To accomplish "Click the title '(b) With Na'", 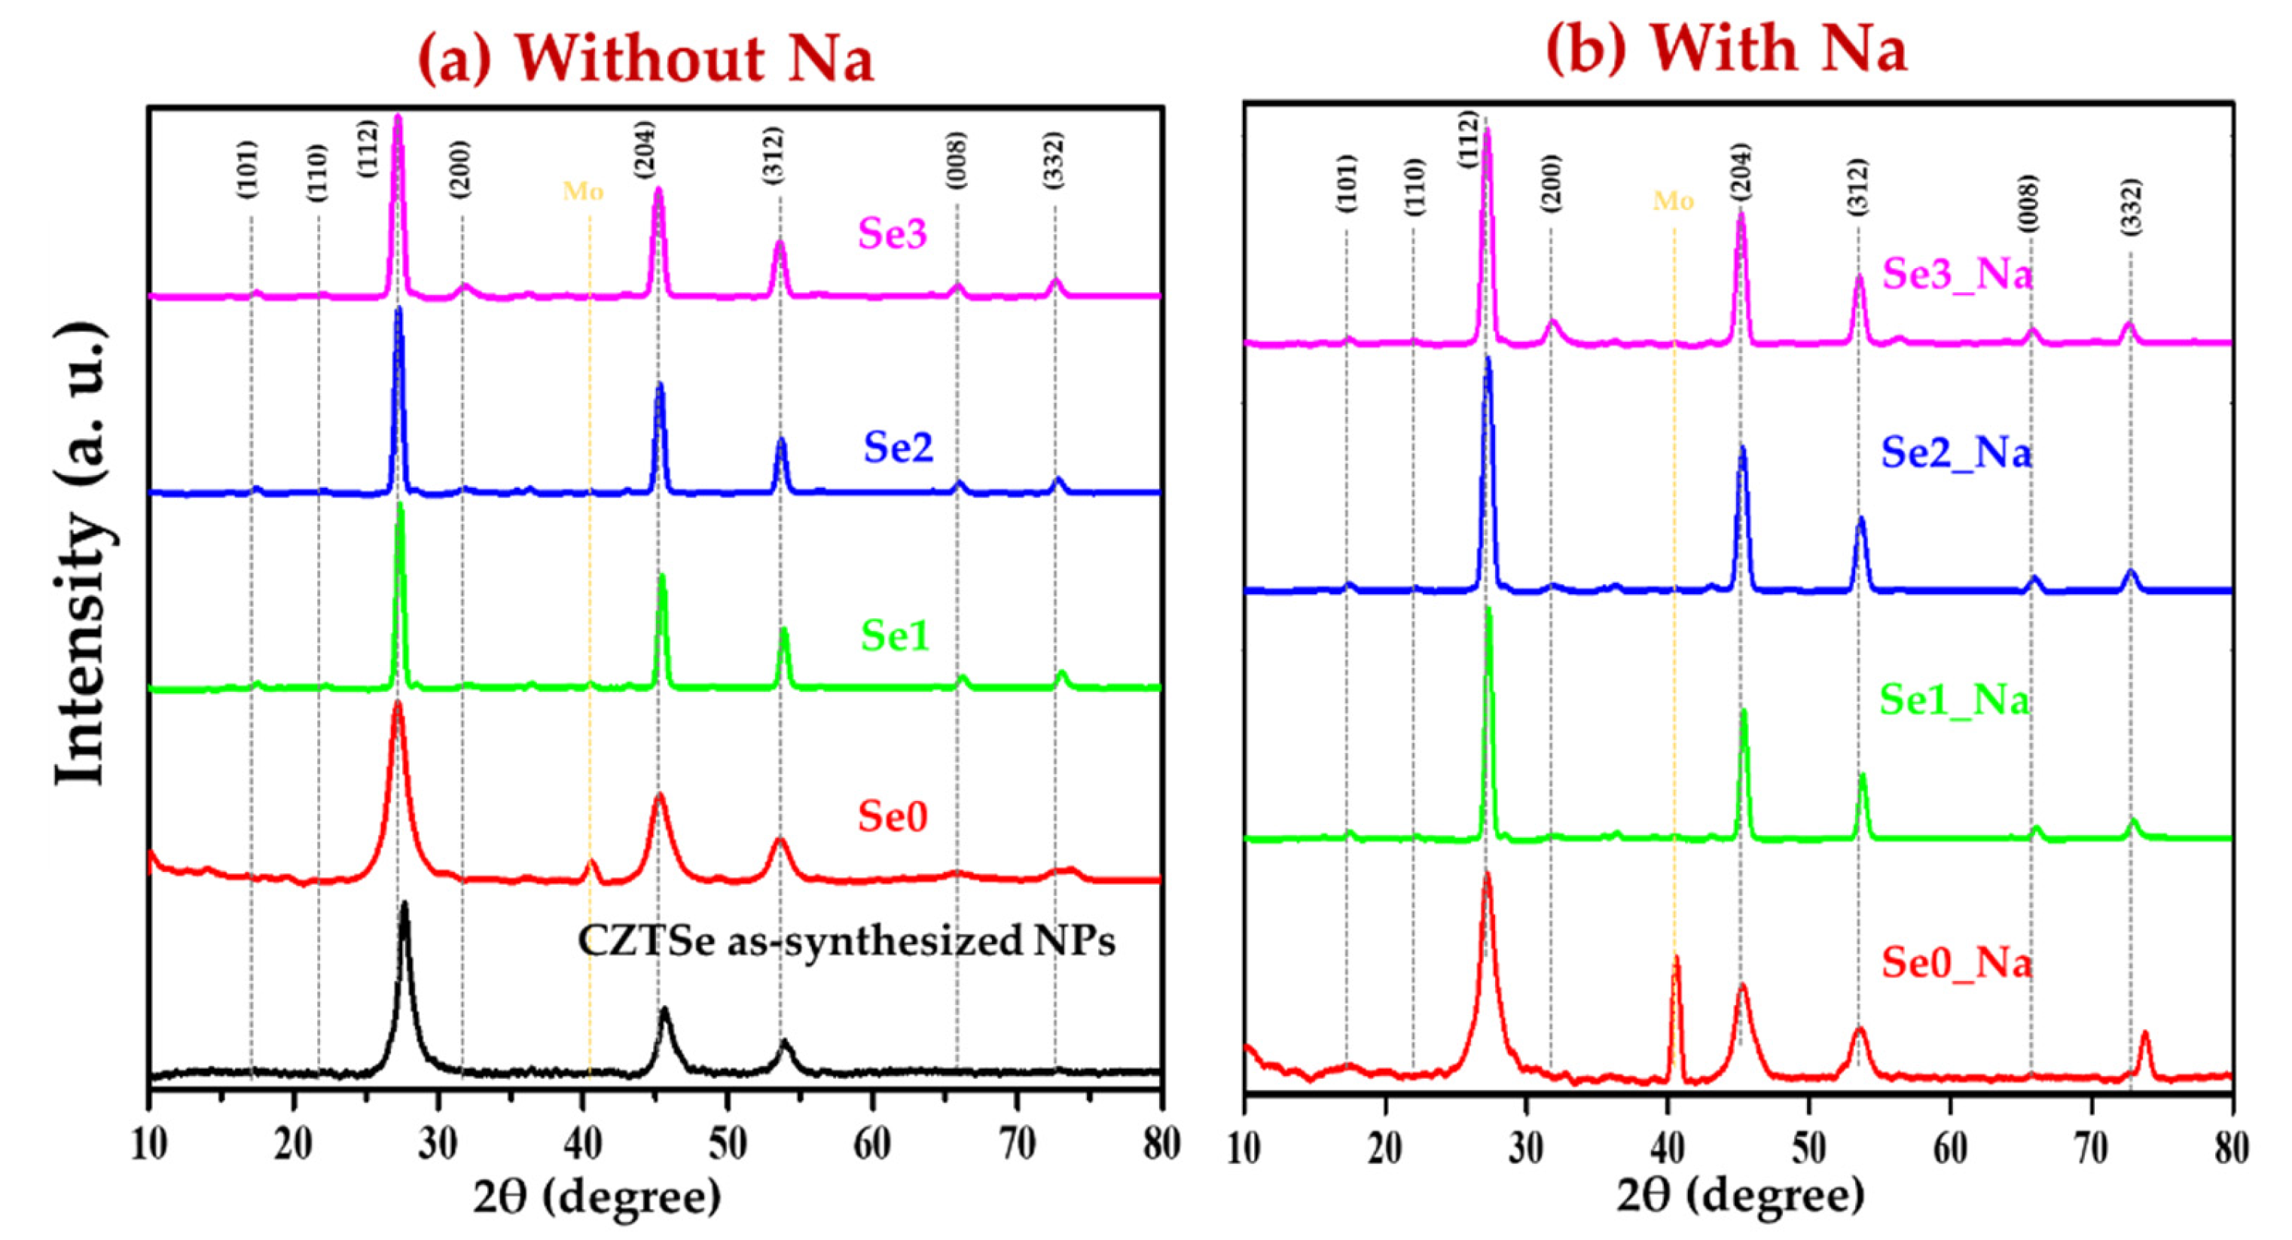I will coord(1726,48).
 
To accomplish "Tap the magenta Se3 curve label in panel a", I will coord(892,234).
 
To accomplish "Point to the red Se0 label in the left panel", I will coord(892,815).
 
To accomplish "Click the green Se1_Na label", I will coord(1954,700).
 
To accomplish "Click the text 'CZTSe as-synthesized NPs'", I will coord(845,941).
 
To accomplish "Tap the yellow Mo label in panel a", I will coord(583,191).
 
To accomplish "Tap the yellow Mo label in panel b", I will coord(1673,202).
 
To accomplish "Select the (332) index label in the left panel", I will coord(1054,160).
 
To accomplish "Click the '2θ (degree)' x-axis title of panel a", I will coord(596,1197).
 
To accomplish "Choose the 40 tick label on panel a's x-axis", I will coord(583,1145).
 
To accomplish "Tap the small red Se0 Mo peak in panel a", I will coord(590,862).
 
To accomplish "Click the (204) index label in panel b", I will coord(1741,171).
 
